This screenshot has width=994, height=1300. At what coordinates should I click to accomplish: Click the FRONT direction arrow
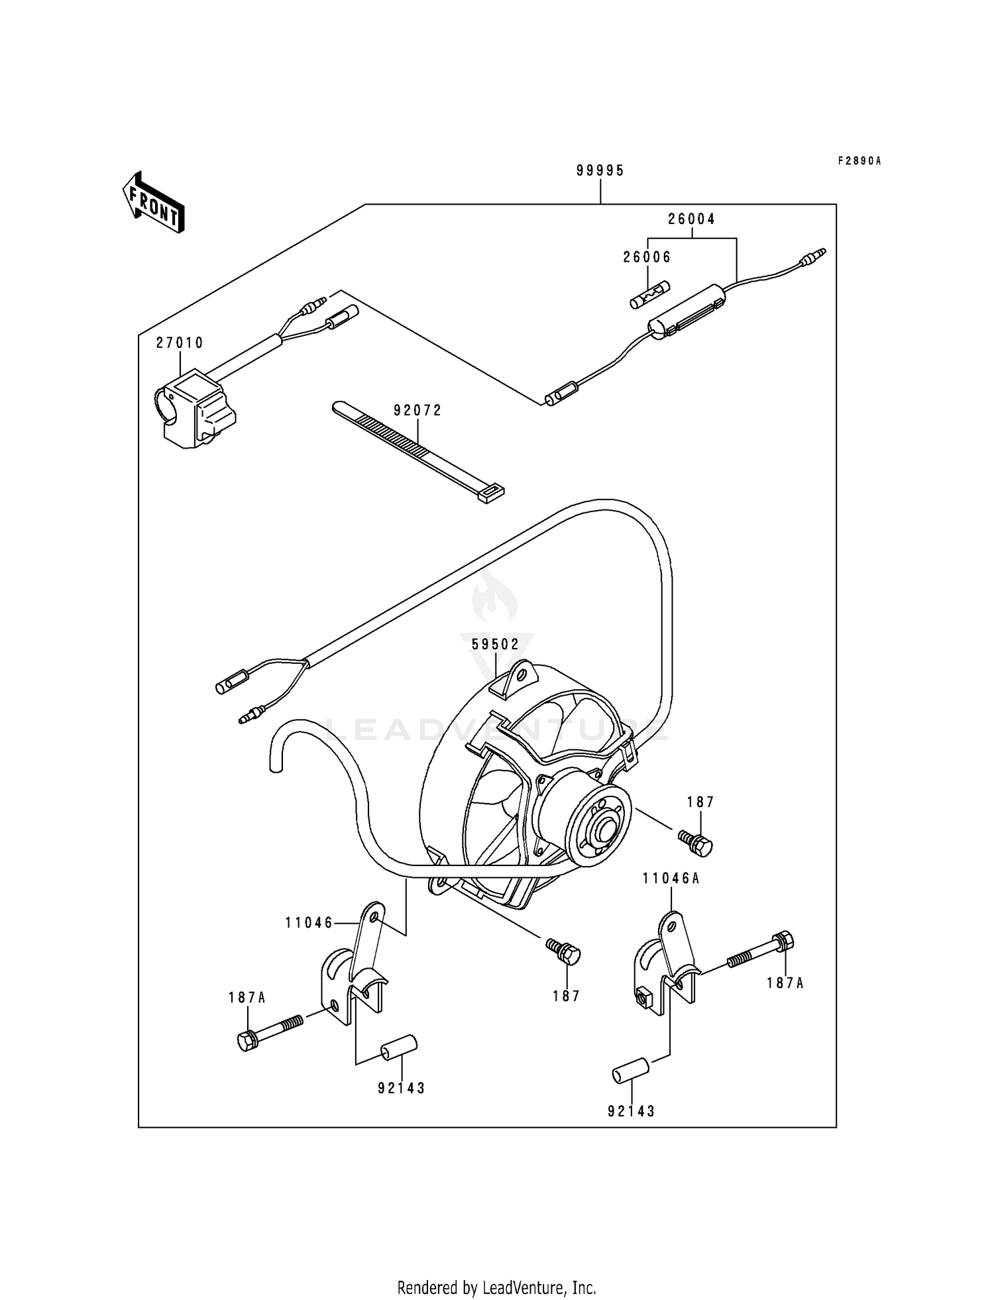(x=153, y=201)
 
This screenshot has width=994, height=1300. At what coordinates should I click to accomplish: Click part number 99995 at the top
(x=600, y=171)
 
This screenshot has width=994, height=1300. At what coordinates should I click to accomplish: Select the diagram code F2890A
(x=859, y=161)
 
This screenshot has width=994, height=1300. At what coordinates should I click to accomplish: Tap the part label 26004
(x=692, y=219)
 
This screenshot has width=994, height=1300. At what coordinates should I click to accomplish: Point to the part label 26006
(x=647, y=257)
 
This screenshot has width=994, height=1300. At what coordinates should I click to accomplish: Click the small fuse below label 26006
(x=649, y=295)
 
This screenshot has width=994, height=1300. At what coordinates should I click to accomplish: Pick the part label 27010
(x=180, y=343)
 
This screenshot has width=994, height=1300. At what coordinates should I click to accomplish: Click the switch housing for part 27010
(x=195, y=408)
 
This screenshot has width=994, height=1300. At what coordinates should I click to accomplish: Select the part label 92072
(x=417, y=410)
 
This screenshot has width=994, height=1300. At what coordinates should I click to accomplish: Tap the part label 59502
(x=496, y=643)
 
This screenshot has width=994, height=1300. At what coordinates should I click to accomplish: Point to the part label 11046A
(x=671, y=879)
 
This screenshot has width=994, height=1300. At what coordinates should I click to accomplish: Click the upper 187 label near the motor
(x=700, y=802)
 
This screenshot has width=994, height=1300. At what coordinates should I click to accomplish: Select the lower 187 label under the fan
(x=567, y=996)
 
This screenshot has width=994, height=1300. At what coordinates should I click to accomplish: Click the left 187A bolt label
(x=247, y=997)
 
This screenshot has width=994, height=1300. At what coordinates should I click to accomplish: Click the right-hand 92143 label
(x=631, y=1111)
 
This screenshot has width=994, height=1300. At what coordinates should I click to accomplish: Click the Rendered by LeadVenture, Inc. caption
(x=497, y=1287)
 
